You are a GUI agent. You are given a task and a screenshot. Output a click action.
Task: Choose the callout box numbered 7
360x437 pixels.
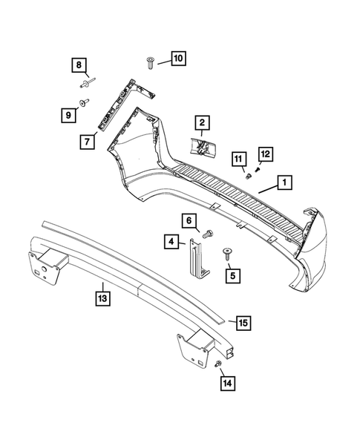coord(88,139)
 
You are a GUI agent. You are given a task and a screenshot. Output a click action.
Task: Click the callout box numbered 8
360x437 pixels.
coord(79,65)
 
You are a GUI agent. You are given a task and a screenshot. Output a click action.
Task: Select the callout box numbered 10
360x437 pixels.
coord(177,58)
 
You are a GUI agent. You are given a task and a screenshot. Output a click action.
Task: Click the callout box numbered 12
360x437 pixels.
coord(265,154)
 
